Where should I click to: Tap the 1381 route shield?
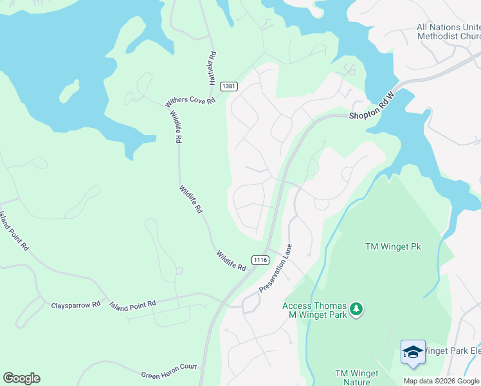228,86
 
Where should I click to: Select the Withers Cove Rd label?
190,102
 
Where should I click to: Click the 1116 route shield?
260,260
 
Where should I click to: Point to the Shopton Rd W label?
371,107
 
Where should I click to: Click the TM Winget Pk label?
392,246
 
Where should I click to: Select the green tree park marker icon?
356,311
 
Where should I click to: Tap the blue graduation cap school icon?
412,352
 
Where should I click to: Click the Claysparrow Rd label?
76,304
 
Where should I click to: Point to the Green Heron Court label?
169,371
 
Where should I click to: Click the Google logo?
21,378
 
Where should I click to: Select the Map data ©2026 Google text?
441,381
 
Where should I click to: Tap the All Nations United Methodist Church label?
448,32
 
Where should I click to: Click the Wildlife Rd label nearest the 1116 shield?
231,261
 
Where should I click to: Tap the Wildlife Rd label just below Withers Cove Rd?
175,126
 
